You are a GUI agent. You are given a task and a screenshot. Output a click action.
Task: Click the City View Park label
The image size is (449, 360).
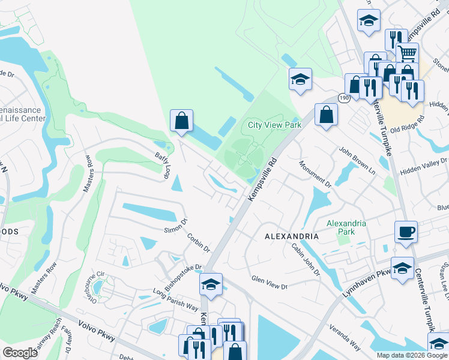(275, 125)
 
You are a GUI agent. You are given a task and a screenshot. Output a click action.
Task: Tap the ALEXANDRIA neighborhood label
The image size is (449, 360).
(292, 236)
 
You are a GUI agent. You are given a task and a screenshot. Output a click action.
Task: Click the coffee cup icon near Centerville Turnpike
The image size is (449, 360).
(406, 232)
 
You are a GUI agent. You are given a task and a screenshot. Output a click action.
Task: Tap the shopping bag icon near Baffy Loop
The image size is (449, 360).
(181, 121)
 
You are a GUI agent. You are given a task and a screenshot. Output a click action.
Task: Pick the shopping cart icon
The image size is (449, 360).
(408, 53)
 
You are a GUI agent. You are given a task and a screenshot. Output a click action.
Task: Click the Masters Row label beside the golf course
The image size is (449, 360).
(88, 175)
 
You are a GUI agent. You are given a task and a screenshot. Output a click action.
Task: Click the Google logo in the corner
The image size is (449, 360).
(20, 352)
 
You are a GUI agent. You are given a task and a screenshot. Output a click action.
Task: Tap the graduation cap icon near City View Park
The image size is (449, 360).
(300, 79)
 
